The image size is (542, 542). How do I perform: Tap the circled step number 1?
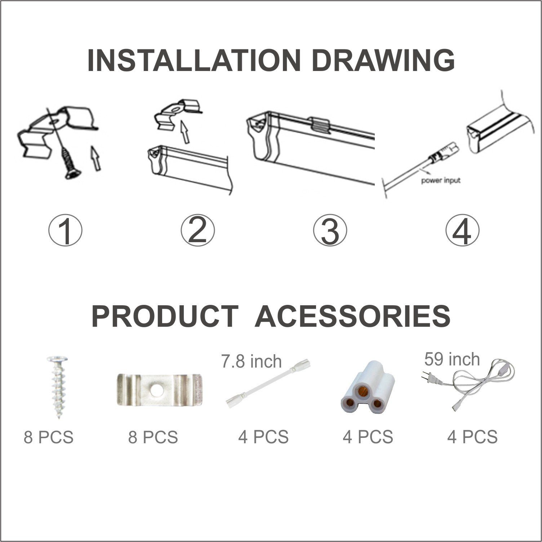(65, 229)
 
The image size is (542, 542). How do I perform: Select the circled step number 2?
(197, 229)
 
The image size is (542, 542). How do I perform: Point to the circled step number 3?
(330, 229)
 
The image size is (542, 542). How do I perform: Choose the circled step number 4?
(462, 229)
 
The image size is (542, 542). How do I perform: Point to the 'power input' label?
(441, 180)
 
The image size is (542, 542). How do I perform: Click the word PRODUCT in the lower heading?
(165, 316)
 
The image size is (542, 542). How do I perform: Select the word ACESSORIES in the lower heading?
(352, 316)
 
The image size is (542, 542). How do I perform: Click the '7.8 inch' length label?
(251, 361)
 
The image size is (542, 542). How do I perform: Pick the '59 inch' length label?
(452, 359)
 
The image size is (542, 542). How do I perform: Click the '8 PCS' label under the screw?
(49, 437)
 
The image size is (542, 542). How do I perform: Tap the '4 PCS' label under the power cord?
(472, 437)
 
